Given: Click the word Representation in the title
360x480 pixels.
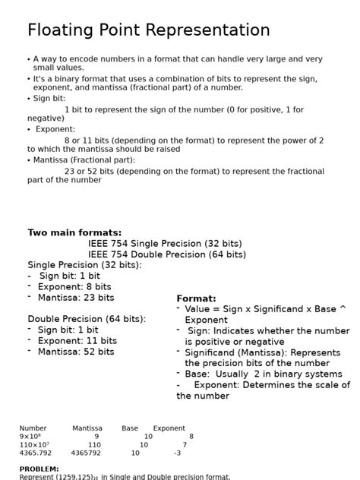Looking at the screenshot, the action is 206,31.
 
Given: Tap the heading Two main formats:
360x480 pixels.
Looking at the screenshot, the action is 74,233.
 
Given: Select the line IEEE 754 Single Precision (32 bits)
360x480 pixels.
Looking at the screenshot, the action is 165,244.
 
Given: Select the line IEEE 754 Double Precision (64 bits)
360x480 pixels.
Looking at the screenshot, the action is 167,254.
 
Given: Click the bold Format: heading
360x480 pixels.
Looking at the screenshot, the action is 196,298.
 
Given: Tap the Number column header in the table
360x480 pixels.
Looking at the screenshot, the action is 33,428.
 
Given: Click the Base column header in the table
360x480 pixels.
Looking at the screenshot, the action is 130,428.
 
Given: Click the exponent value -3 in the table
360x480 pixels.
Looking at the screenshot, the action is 177,453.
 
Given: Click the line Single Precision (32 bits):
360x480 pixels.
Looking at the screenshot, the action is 84,265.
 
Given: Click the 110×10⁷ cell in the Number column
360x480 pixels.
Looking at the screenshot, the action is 34,445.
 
